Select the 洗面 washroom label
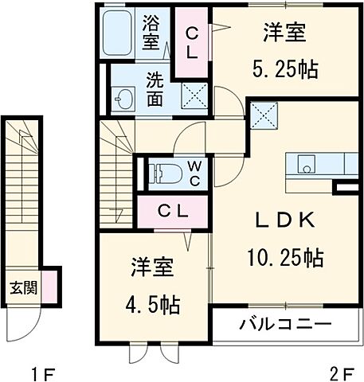click(x=155, y=89)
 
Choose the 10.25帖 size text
click(x=284, y=256)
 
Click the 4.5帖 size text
click(x=151, y=304)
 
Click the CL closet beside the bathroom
click(x=194, y=41)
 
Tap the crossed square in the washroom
click(x=193, y=96)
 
